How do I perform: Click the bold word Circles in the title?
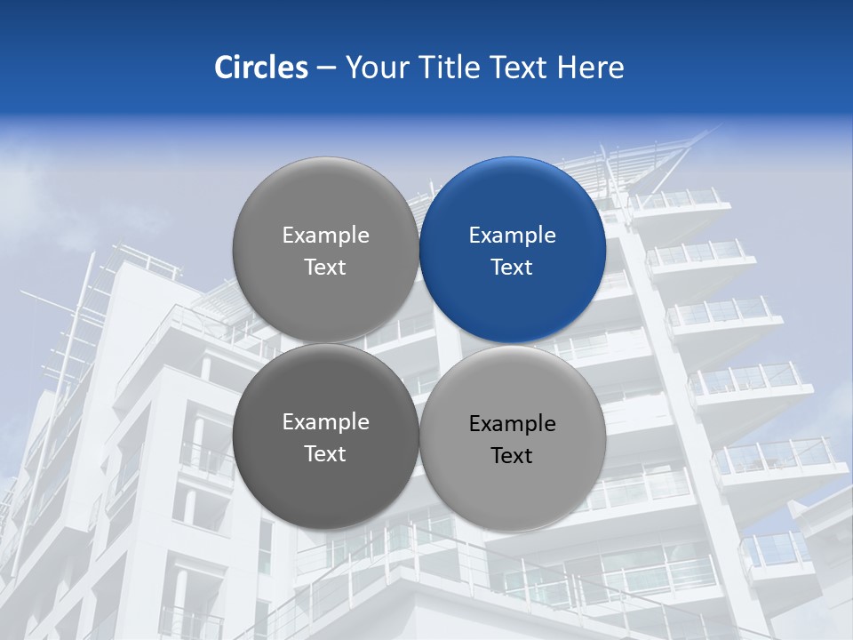click(261, 68)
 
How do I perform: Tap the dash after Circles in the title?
click(326, 68)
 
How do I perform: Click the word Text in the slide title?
click(520, 68)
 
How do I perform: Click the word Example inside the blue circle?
click(512, 236)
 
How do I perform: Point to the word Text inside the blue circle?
click(512, 267)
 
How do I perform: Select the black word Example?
click(512, 424)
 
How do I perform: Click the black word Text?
click(512, 455)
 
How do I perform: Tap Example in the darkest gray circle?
click(325, 422)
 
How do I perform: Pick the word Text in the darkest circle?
click(325, 453)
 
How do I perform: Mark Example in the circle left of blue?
click(325, 236)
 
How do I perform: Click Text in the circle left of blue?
click(325, 267)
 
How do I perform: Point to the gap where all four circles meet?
click(419, 343)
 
